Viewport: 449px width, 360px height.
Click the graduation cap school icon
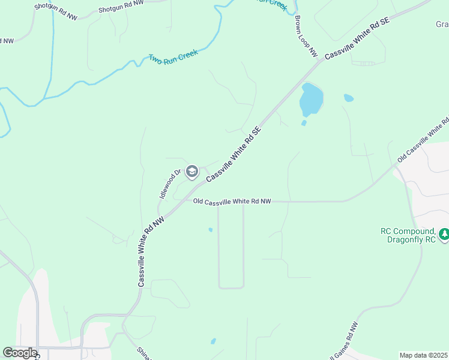(192, 173)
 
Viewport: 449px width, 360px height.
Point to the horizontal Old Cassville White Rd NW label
(232, 202)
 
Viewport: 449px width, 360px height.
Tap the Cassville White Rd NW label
(151, 252)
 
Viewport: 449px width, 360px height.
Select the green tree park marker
(444, 234)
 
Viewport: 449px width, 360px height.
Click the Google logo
(20, 353)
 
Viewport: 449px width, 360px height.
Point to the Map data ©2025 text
(423, 355)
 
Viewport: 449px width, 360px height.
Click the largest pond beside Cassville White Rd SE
(311, 100)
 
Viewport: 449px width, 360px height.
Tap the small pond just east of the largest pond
(348, 97)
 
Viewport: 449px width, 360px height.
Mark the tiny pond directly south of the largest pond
(304, 123)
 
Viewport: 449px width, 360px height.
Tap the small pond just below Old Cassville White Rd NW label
(210, 229)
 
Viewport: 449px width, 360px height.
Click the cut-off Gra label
(441, 25)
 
